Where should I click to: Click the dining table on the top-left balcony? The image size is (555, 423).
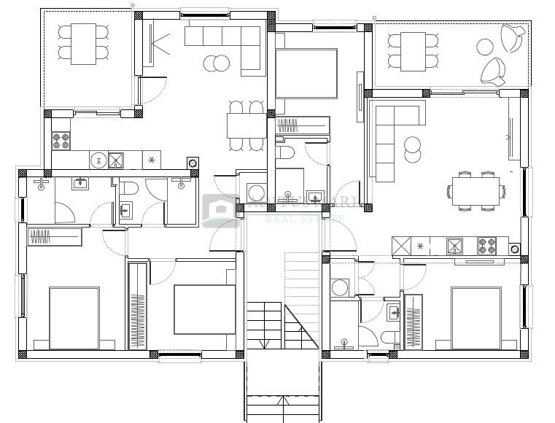[82, 43]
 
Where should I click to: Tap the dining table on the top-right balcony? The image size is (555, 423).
[417, 52]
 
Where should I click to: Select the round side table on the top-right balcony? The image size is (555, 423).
[486, 47]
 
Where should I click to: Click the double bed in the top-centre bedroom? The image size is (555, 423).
[306, 74]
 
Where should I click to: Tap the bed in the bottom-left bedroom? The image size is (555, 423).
[74, 319]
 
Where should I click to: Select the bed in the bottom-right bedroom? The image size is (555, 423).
[476, 318]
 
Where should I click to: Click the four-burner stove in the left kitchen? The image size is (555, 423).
[60, 139]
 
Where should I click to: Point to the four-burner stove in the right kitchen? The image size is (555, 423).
[487, 245]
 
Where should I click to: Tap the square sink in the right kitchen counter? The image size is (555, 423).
[455, 246]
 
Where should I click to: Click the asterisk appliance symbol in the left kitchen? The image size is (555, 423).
[151, 160]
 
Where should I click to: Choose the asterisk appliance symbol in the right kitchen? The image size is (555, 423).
[420, 246]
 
